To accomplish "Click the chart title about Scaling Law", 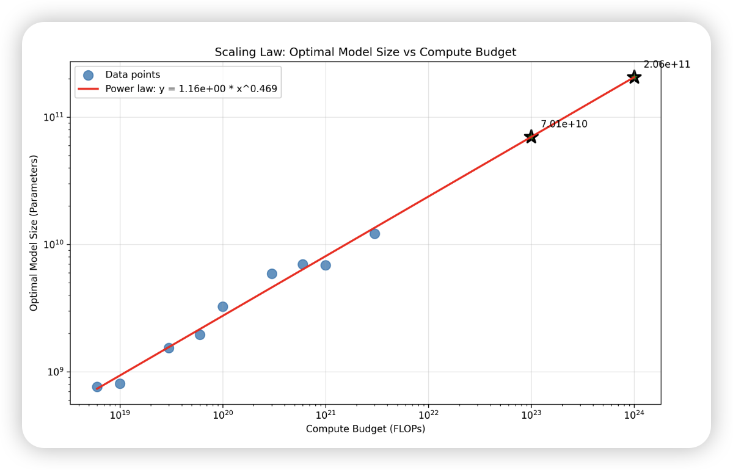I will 365,52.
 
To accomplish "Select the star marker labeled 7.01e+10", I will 531,137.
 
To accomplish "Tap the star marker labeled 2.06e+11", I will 634,77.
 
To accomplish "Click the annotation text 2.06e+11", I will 667,65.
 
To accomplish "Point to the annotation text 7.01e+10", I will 564,125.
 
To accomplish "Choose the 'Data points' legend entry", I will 133,75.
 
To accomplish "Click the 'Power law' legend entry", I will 191,89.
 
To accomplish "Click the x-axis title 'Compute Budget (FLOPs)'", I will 365,429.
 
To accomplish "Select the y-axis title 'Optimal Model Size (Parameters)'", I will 34,233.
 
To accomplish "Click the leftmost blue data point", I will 97,387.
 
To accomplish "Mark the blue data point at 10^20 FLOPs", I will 223,306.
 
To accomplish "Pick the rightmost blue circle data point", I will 374,234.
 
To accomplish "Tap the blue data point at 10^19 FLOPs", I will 120,384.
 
